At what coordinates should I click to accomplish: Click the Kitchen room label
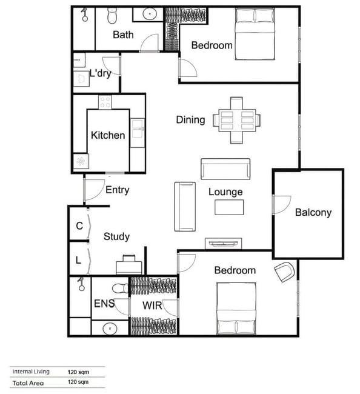108,135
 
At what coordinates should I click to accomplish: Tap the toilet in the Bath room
112,16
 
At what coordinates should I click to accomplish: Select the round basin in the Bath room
150,14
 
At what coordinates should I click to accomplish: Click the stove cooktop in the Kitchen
105,102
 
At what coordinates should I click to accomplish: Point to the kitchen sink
138,129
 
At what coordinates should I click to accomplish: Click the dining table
236,121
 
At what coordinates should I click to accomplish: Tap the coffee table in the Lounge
229,207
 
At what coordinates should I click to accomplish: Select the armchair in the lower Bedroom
284,272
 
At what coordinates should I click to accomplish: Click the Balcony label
313,213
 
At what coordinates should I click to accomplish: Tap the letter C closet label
79,226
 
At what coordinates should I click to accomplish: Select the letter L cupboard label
78,260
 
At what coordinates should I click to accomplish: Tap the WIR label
152,306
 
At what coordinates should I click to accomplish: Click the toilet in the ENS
121,288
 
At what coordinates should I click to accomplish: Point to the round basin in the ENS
110,328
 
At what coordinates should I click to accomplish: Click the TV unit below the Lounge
224,244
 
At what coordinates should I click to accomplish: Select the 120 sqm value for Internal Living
78,372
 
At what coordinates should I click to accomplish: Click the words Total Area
28,383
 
